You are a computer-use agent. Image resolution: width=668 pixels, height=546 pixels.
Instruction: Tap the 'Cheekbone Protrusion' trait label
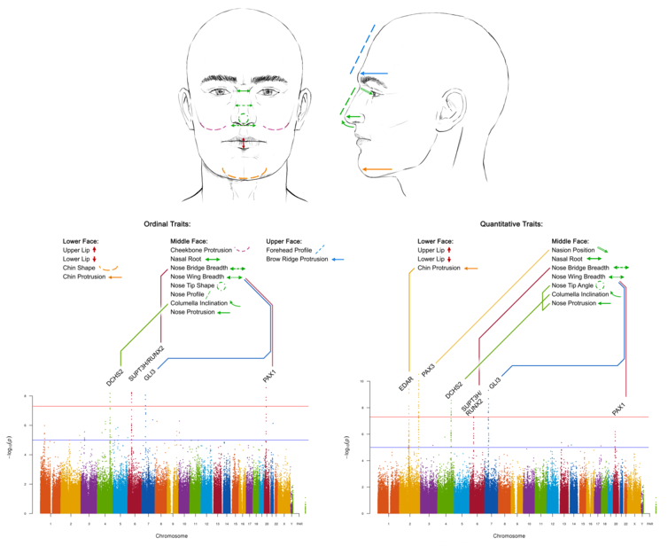click(x=200, y=250)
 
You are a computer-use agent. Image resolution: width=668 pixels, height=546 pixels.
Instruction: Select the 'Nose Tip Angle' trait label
click(x=572, y=285)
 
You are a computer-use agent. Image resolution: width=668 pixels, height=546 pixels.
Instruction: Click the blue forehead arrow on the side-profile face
click(x=374, y=73)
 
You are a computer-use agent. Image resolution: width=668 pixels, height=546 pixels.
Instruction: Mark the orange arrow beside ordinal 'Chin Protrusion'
click(x=116, y=277)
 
